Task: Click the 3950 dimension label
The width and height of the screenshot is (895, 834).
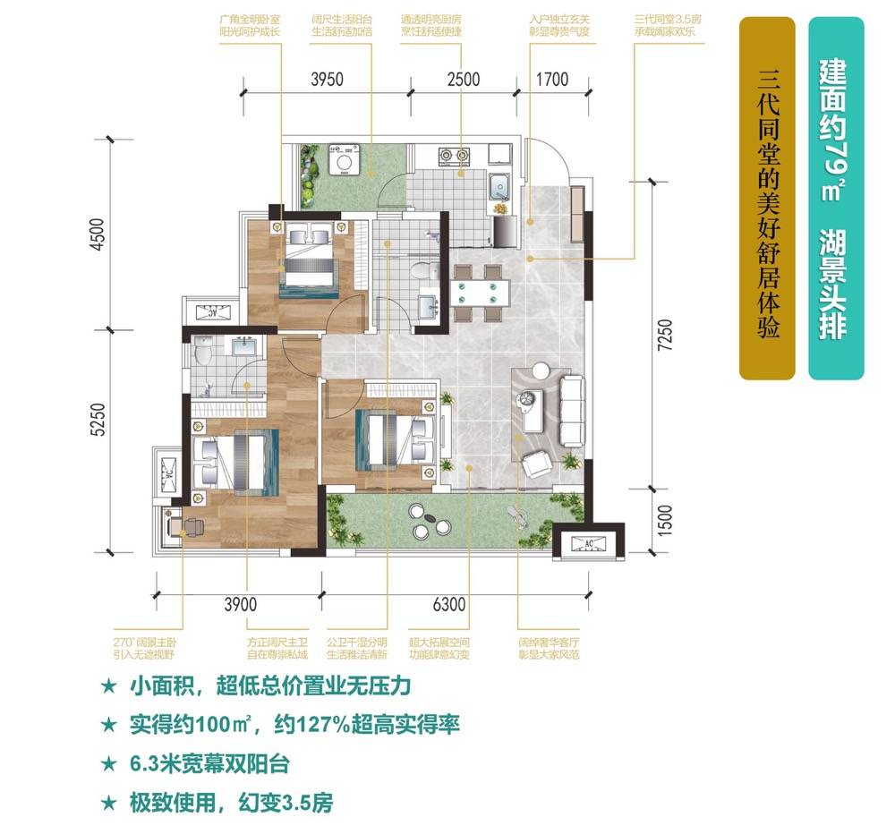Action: (327, 80)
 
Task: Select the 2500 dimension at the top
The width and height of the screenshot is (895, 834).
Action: (462, 80)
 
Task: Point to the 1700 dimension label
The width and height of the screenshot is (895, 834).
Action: (552, 80)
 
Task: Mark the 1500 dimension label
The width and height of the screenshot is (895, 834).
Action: (663, 521)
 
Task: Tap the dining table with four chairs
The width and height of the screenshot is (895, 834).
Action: (478, 292)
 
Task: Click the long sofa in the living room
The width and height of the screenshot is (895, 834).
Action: (569, 412)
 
